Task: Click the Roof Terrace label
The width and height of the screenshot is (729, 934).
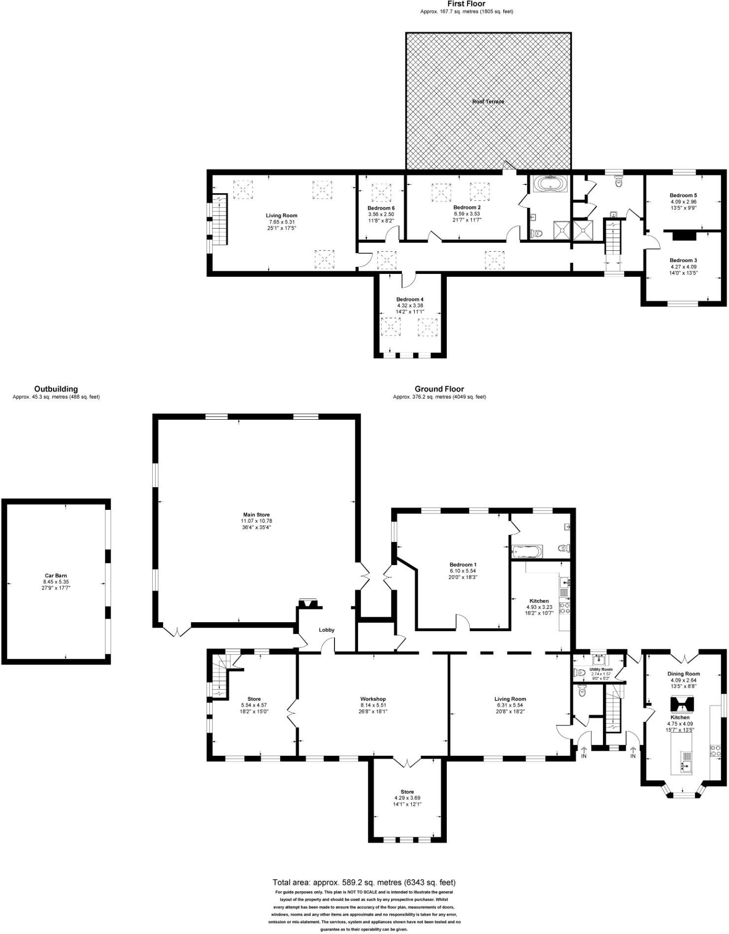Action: coord(488,101)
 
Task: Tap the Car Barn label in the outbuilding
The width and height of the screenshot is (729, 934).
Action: coord(56,575)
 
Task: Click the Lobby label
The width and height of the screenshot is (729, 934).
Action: coord(327,630)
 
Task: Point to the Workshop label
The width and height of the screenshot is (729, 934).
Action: coord(373,699)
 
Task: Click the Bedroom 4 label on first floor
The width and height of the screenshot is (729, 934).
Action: coord(410,300)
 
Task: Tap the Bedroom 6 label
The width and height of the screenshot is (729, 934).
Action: coord(381,208)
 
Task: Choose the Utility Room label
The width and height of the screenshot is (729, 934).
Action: coord(600,669)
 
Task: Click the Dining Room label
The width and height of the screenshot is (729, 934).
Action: coord(683,674)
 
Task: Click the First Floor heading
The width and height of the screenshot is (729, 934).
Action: coord(466,4)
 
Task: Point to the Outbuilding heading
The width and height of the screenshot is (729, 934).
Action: coord(56,389)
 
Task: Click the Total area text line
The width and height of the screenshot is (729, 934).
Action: coord(364,882)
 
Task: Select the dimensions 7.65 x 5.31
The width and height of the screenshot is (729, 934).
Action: coord(281,222)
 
